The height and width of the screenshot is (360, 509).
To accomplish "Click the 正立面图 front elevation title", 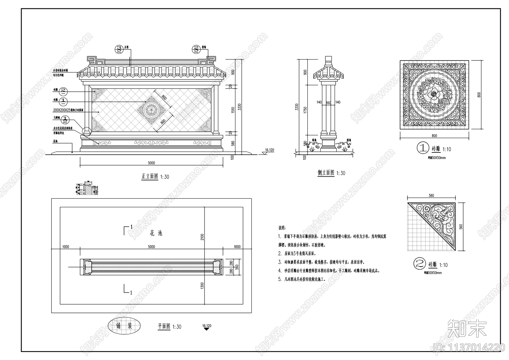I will [x=150, y=176].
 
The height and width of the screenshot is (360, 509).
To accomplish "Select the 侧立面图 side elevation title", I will [x=326, y=173].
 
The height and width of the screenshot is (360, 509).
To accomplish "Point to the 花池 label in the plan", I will [x=156, y=233].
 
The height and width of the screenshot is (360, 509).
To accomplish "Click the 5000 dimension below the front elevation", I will [x=151, y=163].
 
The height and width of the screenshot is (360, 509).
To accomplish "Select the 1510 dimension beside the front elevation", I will [x=233, y=110].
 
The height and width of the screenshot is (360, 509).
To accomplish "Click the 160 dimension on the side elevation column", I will [x=328, y=102].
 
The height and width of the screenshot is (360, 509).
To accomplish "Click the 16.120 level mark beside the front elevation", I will [x=269, y=150].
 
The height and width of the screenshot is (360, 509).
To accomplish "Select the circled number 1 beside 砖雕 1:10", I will [x=423, y=148].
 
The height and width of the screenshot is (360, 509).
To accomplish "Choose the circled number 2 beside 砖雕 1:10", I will [x=419, y=264].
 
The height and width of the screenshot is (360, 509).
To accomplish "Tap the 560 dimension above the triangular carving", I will [x=431, y=196].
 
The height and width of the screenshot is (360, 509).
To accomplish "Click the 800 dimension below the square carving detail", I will [x=434, y=136].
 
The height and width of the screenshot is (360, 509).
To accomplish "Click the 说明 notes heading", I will [x=282, y=228].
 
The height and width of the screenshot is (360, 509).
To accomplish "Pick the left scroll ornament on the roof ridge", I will [x=95, y=60].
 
